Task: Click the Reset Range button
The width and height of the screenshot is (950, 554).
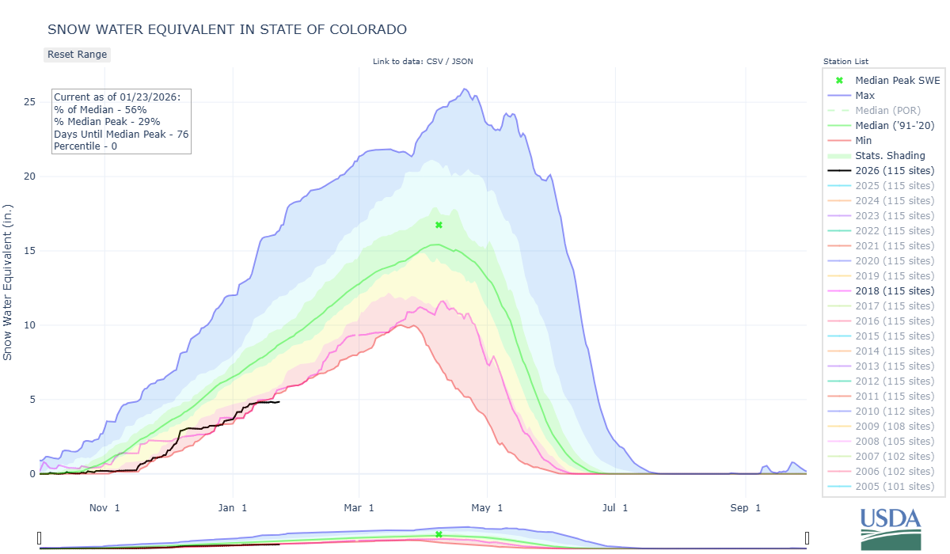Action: click(77, 55)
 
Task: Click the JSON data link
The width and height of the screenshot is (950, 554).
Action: click(463, 62)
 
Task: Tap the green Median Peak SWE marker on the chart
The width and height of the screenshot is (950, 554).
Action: click(439, 226)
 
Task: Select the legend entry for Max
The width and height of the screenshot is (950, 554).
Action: click(864, 96)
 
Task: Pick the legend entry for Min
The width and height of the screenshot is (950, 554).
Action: click(864, 141)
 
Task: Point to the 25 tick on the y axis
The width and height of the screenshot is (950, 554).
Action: click(29, 102)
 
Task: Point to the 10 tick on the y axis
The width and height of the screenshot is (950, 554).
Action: click(29, 325)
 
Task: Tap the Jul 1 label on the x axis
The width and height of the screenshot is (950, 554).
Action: click(614, 507)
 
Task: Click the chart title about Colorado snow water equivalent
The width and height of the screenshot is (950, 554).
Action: click(227, 29)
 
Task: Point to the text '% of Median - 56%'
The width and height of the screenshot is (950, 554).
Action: click(100, 109)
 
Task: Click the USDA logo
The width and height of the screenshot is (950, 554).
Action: click(891, 527)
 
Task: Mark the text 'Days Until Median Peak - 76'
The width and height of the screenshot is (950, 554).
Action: click(121, 134)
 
